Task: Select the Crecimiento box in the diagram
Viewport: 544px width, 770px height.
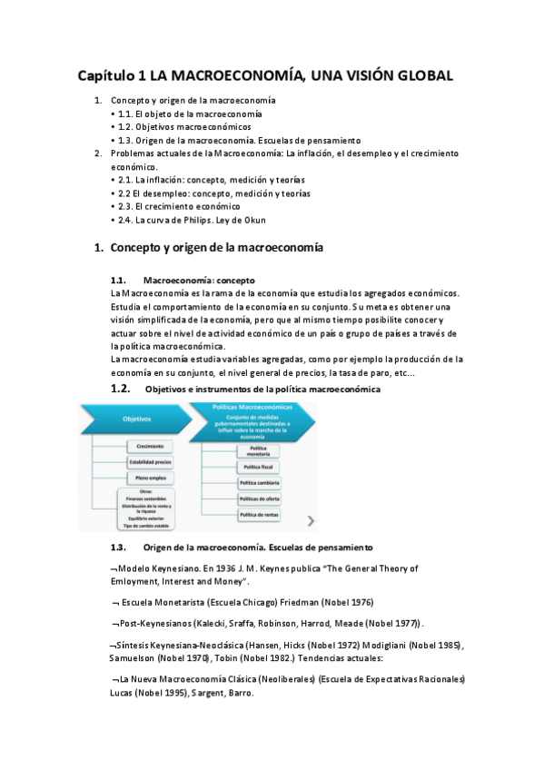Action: click(151, 447)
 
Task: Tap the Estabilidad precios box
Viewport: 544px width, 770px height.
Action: click(151, 462)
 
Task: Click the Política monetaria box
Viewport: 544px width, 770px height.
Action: click(259, 451)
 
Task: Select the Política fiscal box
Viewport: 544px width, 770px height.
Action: click(259, 466)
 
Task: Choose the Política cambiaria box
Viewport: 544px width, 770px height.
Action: click(259, 482)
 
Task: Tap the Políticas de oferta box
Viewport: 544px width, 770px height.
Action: click(259, 499)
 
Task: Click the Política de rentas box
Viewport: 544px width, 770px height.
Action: click(259, 515)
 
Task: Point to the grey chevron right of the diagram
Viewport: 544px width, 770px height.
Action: click(312, 521)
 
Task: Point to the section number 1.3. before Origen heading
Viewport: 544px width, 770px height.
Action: click(118, 548)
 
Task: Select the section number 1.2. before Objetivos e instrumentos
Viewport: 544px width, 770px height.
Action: click(121, 389)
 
